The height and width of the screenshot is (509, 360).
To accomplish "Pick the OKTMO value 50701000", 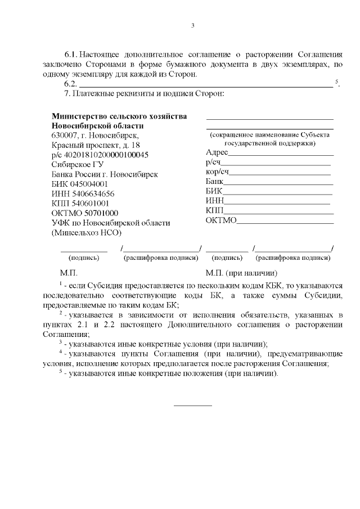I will [96, 213].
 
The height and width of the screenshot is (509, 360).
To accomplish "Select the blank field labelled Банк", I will [279, 183].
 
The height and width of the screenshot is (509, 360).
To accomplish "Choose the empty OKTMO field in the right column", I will [285, 221].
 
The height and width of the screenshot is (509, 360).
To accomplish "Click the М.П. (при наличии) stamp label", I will [242, 273].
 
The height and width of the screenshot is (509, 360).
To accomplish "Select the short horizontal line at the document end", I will [192, 405].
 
